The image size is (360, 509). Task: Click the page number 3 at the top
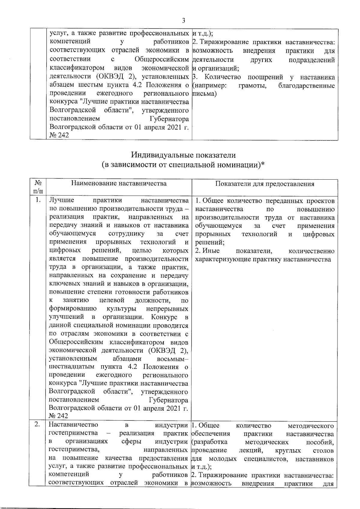(x=184, y=21)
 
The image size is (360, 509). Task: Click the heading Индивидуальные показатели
(x=183, y=155)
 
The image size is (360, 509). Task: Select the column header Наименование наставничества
(x=119, y=183)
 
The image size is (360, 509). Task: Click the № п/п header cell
(x=38, y=187)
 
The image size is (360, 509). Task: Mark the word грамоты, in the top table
(x=251, y=86)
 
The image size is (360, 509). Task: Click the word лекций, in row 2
(x=251, y=450)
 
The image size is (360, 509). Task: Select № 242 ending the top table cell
(x=58, y=135)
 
